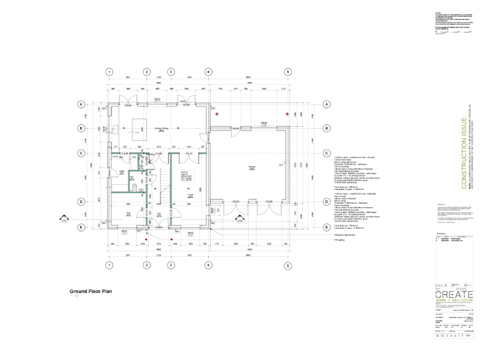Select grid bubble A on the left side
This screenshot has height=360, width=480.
81,104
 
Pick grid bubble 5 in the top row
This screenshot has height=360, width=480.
287,72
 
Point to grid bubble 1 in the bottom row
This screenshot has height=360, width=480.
109,265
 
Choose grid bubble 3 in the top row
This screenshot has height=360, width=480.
171,72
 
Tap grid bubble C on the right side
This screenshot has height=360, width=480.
326,153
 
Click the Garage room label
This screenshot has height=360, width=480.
251,166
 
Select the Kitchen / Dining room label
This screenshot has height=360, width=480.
162,129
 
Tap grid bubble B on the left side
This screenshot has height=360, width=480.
81,129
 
